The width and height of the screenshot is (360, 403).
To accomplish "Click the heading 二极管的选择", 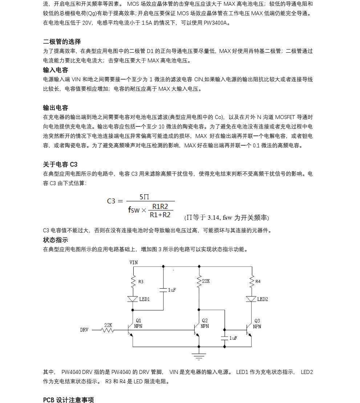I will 62,42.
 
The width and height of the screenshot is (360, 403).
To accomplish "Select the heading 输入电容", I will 56,70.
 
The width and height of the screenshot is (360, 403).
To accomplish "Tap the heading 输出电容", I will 56,108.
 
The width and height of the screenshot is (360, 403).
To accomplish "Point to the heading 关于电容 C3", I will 60,164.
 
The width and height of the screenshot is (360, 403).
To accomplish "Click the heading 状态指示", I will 56,240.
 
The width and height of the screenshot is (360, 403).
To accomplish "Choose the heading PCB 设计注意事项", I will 68,400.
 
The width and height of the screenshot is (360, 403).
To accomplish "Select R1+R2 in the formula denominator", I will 160,215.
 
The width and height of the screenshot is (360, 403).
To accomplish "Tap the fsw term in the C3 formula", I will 134,210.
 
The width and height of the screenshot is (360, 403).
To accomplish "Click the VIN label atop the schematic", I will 133,262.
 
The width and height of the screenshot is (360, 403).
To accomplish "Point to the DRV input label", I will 84,330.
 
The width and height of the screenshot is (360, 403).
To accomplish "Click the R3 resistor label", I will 141,281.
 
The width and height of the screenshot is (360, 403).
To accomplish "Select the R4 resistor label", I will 258,281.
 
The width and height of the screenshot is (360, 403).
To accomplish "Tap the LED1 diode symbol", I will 132,299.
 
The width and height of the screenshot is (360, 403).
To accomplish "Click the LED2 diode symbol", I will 251,299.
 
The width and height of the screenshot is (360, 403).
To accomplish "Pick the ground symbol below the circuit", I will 199,355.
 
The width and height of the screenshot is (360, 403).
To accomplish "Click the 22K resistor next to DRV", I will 108,330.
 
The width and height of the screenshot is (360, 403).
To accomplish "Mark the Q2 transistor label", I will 205,321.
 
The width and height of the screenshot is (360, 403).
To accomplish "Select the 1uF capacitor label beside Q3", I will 233,338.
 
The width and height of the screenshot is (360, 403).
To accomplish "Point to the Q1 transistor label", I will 138,321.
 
